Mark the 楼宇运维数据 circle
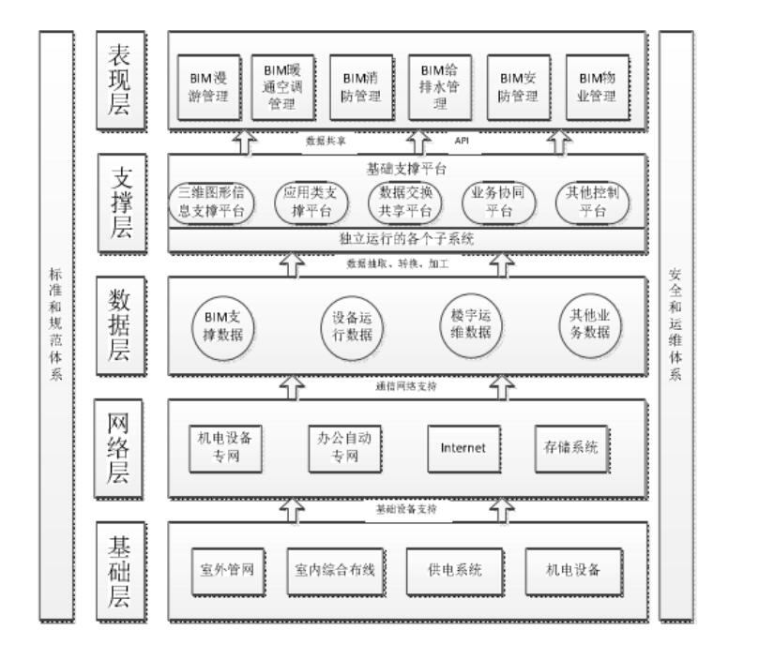point(466,322)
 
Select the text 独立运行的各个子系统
point(405,239)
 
